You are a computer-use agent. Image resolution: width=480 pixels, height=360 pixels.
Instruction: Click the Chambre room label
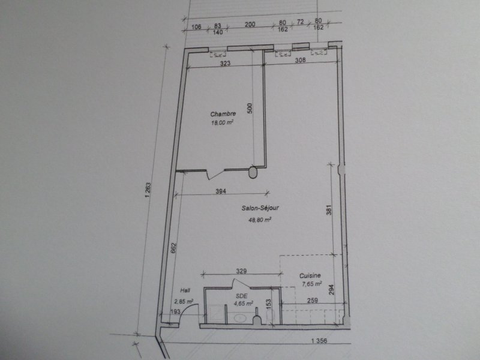point(223,114)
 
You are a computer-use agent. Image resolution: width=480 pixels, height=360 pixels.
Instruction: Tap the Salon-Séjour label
point(260,208)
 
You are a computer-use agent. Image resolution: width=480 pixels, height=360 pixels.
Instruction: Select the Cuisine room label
point(310,275)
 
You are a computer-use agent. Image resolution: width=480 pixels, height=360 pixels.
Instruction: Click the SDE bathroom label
point(242,296)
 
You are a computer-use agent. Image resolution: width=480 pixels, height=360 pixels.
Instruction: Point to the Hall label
point(185,290)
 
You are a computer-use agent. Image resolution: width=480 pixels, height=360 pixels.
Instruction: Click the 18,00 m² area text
point(222,122)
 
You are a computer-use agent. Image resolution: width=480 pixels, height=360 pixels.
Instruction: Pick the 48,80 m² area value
point(260,220)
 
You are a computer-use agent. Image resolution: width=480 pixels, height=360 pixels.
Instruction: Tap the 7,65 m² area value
point(311,284)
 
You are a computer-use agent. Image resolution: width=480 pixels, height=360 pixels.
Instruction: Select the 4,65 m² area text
point(244,304)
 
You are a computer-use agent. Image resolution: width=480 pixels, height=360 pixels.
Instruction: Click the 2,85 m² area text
point(184,302)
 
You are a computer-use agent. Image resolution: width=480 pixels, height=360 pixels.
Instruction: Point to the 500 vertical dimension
point(250,109)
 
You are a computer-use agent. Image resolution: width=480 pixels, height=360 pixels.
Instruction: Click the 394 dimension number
point(221,191)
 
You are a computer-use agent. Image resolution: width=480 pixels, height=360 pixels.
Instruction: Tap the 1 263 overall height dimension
point(148,190)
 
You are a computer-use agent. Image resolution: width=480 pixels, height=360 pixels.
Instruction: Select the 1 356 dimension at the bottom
point(319,341)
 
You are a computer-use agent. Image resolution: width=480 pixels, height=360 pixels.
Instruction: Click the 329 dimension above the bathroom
point(241,271)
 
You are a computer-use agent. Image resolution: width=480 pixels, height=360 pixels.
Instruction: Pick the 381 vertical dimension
point(329,209)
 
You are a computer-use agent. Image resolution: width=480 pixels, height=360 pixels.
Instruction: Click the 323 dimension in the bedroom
point(226,64)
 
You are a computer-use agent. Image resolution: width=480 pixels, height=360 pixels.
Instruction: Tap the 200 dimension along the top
point(250,24)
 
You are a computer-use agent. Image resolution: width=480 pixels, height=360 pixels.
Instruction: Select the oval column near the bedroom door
point(253,172)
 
